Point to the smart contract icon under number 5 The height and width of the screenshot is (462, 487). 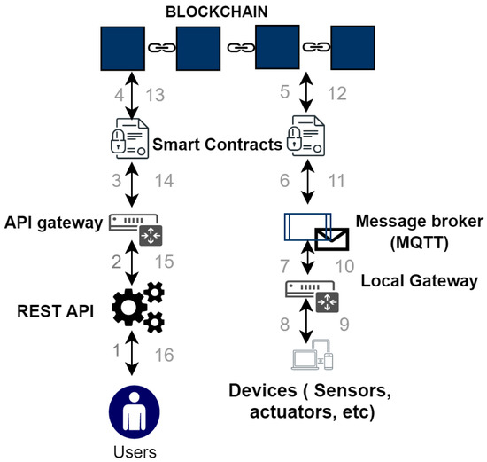click(x=307, y=137)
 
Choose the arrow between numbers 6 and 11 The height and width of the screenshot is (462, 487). click(x=307, y=181)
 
